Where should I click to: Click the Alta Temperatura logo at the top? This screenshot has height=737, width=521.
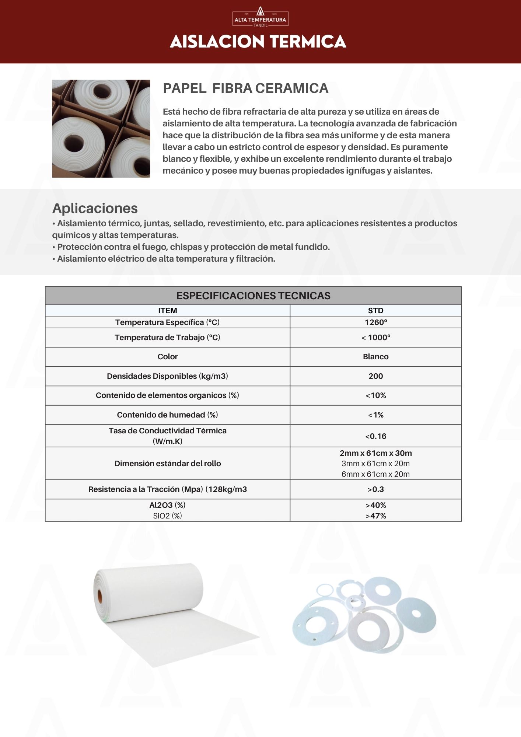point(260,17)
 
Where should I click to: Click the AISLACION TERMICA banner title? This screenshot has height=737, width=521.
point(258,42)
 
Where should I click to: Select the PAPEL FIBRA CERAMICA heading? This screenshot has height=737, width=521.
point(245,88)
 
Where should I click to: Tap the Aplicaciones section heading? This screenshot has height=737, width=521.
point(95,208)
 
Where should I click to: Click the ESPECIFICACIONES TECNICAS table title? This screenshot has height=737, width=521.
point(253,296)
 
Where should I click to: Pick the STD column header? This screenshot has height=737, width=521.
point(375,311)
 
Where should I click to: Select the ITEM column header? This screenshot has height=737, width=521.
point(167,311)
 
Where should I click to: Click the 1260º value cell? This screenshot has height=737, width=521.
point(375,322)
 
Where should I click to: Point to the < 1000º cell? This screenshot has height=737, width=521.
point(375,338)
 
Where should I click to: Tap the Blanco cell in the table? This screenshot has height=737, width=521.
point(375,357)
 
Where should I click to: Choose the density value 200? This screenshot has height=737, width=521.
point(375,376)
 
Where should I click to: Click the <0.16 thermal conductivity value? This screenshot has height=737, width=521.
point(375,436)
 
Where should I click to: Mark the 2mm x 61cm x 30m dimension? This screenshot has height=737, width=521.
point(375,453)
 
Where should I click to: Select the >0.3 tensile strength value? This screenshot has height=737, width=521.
point(375,489)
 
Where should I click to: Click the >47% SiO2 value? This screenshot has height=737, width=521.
point(375,516)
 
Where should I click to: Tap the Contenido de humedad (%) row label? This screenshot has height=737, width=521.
point(167,415)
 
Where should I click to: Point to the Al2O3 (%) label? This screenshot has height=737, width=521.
point(167,505)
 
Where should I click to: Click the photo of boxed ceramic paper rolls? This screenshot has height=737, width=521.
point(101,129)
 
